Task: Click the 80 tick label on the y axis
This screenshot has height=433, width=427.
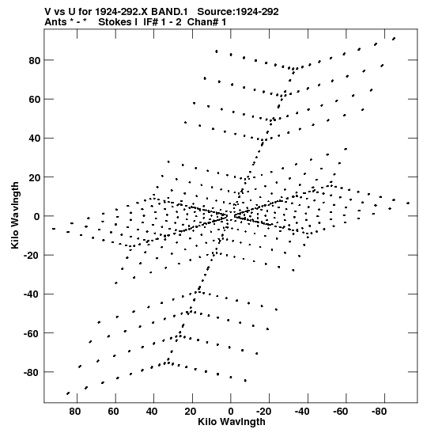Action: pos(35,60)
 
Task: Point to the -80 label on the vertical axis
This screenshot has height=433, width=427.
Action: pos(32,373)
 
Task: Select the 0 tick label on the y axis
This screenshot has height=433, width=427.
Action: pos(37,217)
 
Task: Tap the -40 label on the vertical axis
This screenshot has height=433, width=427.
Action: pos(32,294)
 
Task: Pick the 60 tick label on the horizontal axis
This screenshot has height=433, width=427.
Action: pos(113,412)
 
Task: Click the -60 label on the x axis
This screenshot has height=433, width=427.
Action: pos(341,412)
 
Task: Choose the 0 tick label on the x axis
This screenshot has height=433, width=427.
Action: pos(231,412)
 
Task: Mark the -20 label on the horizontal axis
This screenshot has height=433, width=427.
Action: pos(263,412)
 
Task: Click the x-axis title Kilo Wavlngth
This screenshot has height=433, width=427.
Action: pos(232,422)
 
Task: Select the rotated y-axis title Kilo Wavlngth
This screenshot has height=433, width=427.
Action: pos(15,215)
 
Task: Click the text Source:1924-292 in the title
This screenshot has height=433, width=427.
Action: pos(238,12)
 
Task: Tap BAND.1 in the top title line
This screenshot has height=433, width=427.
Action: pos(170,12)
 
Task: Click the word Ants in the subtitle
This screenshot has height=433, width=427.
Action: pos(55,22)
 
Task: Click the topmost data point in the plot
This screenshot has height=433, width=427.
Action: pos(394,39)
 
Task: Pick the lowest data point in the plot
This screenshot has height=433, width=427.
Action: pos(68,393)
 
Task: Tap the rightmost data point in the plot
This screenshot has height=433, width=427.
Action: pos(408,203)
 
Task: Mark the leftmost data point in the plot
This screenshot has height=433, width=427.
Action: pos(54,229)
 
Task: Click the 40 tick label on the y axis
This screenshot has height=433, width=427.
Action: pos(35,139)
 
